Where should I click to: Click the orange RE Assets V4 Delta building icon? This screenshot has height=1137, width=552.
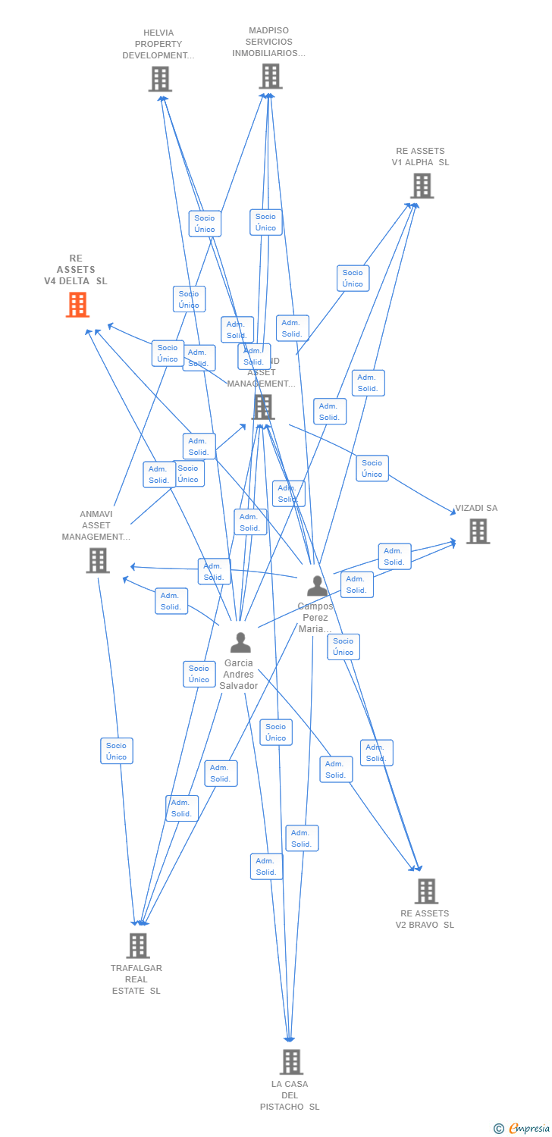[x=77, y=305]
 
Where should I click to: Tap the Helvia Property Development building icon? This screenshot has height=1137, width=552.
[x=160, y=79]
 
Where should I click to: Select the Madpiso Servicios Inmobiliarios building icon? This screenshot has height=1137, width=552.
[x=271, y=76]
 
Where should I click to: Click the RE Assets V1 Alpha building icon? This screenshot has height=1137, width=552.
[x=422, y=186]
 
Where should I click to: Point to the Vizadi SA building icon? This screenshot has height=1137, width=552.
[x=478, y=531]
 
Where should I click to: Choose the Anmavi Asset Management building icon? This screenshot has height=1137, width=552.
[x=98, y=560]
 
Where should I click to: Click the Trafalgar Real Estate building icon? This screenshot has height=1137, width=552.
[x=138, y=945]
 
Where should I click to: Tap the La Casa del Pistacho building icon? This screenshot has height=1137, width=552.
[x=291, y=1062]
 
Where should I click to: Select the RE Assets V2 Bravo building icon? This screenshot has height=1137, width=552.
[x=426, y=891]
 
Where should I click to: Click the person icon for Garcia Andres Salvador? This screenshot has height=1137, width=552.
[x=240, y=643]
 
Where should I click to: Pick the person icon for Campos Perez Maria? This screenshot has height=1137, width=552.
[x=317, y=586]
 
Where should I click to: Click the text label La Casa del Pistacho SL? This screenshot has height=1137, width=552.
[x=290, y=1095]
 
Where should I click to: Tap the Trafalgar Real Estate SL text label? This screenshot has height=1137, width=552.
[x=136, y=979]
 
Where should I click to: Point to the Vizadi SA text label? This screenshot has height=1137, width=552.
[x=476, y=508]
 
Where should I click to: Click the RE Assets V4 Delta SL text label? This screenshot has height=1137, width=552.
[x=76, y=270]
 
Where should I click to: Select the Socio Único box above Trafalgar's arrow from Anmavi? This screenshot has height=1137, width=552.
[x=117, y=751]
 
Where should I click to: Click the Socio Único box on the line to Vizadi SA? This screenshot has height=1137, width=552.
[x=372, y=468]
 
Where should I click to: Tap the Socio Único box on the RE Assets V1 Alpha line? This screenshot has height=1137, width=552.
[x=353, y=278]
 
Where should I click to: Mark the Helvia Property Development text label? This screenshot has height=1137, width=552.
[x=158, y=44]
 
